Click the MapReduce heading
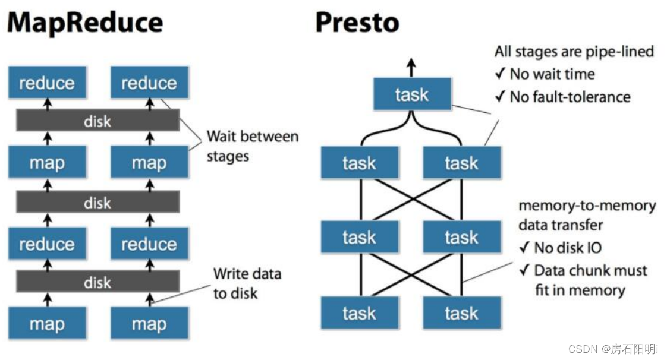84,23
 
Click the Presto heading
357,23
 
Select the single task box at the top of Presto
411,94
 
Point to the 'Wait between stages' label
252,146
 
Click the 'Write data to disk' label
247,283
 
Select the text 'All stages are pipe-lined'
574,52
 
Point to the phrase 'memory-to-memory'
587,206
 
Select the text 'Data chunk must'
590,270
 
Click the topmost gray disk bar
97,121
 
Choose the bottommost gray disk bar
97,282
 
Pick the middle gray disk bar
97,203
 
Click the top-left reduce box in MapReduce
47,83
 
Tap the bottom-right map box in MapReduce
149,324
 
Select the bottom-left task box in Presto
360,313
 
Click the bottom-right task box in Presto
462,313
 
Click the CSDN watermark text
613,349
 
